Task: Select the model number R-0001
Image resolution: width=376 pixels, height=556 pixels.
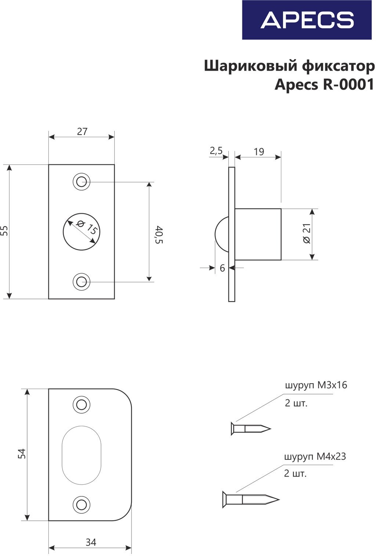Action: click(x=348, y=85)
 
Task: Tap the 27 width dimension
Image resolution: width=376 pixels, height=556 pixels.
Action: click(x=82, y=132)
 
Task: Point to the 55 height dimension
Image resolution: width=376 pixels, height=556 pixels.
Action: click(x=4, y=231)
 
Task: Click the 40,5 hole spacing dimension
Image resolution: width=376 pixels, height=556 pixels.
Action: click(x=158, y=235)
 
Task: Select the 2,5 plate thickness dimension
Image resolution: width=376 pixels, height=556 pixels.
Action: click(x=216, y=150)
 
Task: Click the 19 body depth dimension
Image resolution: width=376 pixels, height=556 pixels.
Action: click(x=258, y=152)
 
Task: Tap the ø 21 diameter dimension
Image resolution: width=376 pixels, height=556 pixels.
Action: click(x=307, y=234)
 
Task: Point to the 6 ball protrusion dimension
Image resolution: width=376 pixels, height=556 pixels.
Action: click(x=222, y=268)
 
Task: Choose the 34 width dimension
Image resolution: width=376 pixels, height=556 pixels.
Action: click(x=91, y=542)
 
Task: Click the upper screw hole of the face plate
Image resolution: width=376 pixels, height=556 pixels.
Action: click(x=82, y=182)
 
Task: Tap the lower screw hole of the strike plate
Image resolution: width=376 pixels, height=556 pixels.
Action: click(x=82, y=505)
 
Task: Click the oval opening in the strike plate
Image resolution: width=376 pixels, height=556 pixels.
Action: click(x=82, y=455)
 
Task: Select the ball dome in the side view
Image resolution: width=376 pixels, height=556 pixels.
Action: click(x=221, y=235)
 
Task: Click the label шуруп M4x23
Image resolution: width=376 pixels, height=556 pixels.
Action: click(x=315, y=457)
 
